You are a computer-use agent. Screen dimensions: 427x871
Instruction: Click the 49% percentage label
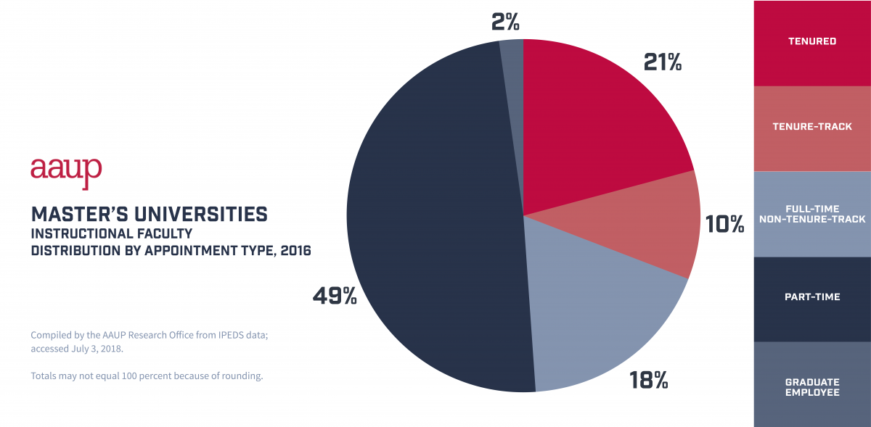[x=335, y=296]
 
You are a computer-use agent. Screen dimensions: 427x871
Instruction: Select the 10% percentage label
[x=725, y=224]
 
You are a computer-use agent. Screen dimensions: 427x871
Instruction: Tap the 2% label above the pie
[x=505, y=22]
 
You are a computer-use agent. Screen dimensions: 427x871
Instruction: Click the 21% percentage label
[x=663, y=62]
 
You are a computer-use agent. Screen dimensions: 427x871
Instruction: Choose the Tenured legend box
[x=812, y=42]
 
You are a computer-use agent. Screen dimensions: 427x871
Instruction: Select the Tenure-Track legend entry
[x=812, y=128]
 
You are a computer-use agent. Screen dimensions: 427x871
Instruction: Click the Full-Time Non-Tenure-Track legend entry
[x=812, y=214]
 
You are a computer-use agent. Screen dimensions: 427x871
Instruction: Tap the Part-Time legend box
[x=812, y=298]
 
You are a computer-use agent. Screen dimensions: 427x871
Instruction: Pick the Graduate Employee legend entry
[x=812, y=387]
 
